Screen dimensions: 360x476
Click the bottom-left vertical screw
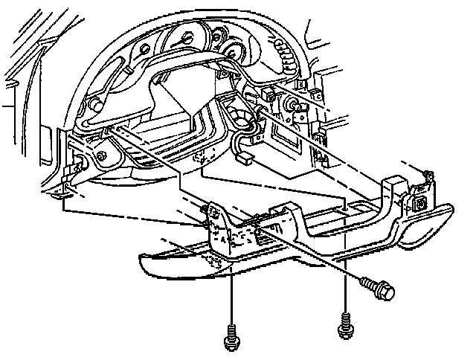tap(230, 338)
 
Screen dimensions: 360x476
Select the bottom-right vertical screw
tap(344, 324)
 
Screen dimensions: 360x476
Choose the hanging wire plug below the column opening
tap(242, 158)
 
